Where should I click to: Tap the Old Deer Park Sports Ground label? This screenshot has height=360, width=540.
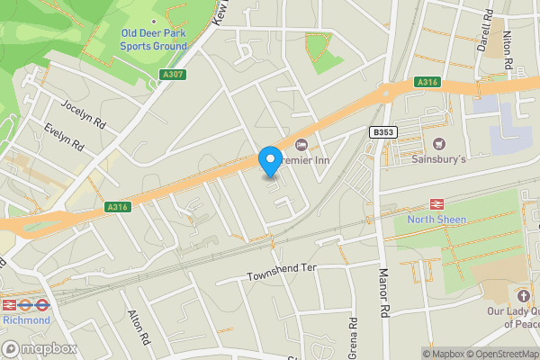[154, 40]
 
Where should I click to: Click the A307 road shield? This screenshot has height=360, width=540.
[175, 75]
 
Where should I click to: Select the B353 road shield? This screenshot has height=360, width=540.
[383, 132]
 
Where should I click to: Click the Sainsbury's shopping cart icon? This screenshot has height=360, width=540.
[439, 144]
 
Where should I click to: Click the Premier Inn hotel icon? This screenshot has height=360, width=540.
[301, 144]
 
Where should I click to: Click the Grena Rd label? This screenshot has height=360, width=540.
[354, 334]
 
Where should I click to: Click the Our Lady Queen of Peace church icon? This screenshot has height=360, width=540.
[523, 295]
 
